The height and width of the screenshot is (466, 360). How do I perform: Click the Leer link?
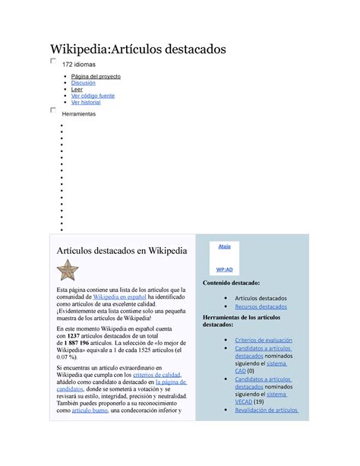click(x=76, y=90)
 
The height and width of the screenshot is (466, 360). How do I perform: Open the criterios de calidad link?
click(x=156, y=375)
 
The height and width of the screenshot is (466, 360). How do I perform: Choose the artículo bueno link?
click(x=86, y=411)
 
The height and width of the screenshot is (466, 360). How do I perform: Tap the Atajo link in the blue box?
click(x=224, y=246)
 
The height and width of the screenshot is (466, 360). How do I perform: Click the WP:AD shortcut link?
click(x=224, y=269)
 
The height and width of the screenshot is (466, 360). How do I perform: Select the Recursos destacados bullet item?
click(x=262, y=306)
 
